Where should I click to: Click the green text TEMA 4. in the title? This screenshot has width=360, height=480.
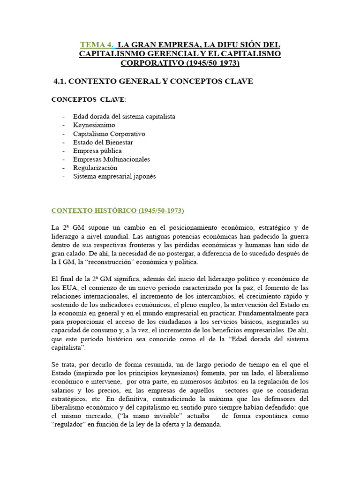coord(97,45)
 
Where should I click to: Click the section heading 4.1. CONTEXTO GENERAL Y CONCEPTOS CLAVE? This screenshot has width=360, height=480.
coord(153,82)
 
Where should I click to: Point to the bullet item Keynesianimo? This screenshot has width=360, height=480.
coord(94,125)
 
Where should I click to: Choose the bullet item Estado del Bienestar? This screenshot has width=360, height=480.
coord(103,142)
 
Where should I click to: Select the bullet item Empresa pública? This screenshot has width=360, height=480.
coord(97,150)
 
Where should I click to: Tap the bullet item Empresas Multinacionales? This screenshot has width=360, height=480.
coord(111,159)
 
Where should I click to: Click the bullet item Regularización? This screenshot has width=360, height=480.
coord(95,167)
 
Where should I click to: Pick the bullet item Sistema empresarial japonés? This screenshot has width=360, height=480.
coord(114,176)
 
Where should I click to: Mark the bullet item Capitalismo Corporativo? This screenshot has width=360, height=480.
coord(109,134)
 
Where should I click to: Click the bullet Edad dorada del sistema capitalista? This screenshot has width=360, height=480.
coord(124,116)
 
